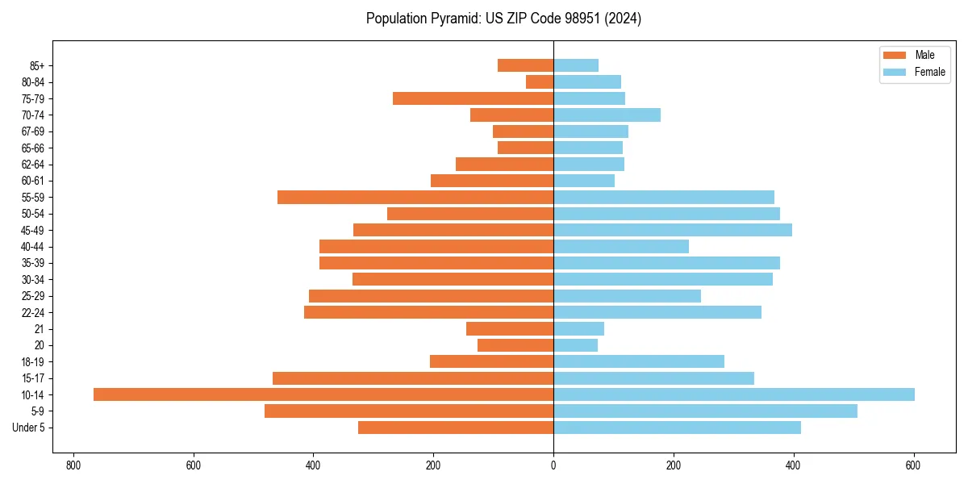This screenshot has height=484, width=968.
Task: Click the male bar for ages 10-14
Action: [323, 394]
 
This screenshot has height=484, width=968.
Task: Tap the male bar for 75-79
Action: [473, 98]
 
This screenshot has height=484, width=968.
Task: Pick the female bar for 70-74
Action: [607, 115]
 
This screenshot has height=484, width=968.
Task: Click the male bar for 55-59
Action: [415, 197]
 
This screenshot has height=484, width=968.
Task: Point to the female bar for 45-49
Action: [673, 230]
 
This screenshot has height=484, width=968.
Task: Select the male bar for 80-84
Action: [540, 81]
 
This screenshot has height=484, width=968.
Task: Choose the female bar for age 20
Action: [575, 345]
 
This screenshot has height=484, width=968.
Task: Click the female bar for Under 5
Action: [677, 428]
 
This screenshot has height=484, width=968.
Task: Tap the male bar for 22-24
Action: [428, 312]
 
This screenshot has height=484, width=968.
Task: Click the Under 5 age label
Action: [29, 428]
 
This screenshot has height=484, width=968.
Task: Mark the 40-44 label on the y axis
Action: [33, 247]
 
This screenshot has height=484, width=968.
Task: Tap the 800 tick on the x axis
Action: [73, 465]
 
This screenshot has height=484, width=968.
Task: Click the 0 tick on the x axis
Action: [553, 465]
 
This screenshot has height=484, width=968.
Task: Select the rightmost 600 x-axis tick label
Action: [913, 465]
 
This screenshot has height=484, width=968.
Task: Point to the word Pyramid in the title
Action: [453, 19]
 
